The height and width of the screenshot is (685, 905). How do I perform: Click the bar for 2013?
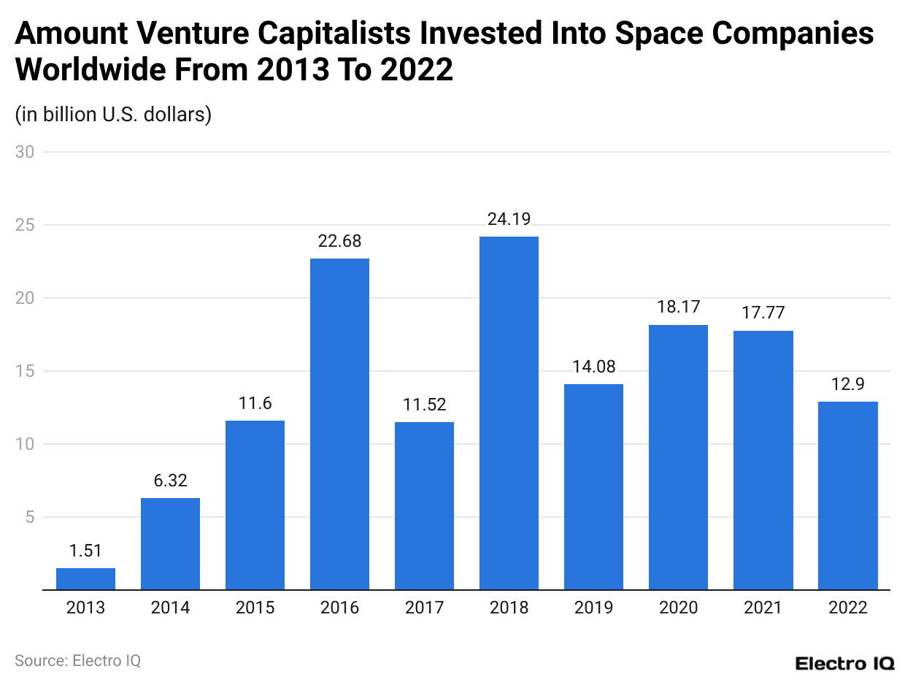pos(85,578)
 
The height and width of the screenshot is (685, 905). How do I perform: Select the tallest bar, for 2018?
pos(509,413)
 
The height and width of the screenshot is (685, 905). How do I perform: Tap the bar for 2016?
pos(339,424)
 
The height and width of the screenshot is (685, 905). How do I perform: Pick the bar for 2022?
pos(847,495)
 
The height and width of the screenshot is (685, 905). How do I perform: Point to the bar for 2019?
pos(593,486)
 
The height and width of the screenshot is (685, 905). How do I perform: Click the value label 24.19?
pos(509,218)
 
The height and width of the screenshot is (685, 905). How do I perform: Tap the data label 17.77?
pos(763,313)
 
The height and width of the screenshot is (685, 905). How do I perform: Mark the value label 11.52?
pos(424,404)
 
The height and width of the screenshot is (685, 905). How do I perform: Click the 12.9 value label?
pos(847,384)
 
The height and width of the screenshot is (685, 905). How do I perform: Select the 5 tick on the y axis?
pos(29,517)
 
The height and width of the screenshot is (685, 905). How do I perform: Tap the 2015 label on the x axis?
pos(255,608)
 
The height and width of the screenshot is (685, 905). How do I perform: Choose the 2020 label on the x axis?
pos(678,608)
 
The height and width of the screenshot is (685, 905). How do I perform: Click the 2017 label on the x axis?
pos(424,608)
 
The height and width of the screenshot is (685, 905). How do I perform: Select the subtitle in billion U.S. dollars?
pos(113,115)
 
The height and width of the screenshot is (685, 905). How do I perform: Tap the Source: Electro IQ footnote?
pos(77,660)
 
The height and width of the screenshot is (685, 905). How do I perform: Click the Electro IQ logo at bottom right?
pos(844,663)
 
